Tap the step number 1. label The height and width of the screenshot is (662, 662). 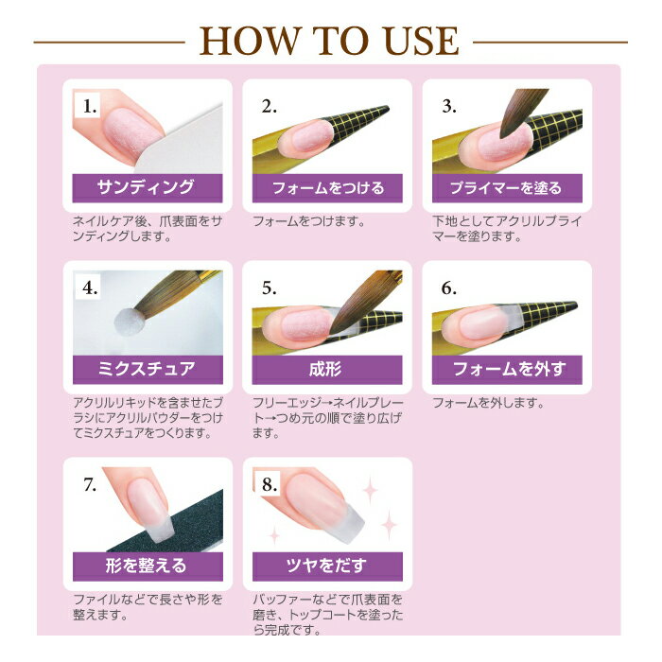pos(89,106)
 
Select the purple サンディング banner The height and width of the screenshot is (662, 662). pos(148,188)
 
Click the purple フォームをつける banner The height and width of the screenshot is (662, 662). pos(327,188)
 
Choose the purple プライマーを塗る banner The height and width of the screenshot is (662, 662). pos(507,188)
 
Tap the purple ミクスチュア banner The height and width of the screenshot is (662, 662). pos(148,370)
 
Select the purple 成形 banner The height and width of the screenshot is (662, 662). pos(327,370)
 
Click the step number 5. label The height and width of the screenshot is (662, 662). pos(269,287)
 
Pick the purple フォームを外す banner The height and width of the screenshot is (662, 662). pos(507,370)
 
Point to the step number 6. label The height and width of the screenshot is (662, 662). pos(448,287)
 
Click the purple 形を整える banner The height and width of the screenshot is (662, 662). pos(148,566)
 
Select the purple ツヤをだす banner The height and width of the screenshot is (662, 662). pos(327,566)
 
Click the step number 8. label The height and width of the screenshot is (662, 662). pos(269,484)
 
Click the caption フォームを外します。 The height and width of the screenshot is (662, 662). pos(489,403)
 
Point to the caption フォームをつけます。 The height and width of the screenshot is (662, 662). pos(309,221)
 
